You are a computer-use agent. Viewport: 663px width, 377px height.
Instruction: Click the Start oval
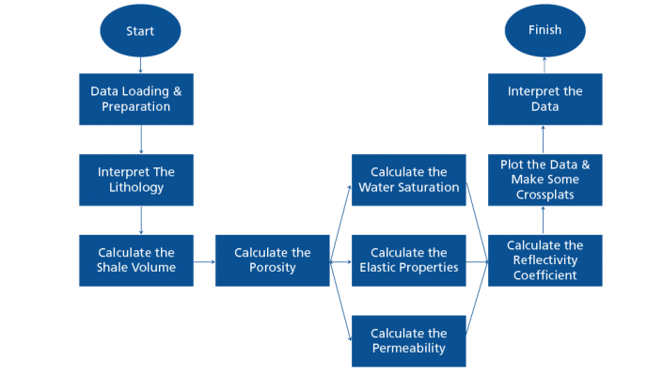[140, 31]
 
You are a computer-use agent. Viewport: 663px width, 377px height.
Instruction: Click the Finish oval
[545, 30]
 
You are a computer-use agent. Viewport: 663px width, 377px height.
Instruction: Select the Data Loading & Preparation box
[136, 100]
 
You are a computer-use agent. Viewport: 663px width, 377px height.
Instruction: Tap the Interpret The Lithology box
[136, 180]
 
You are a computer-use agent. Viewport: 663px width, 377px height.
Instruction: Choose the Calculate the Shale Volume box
[136, 260]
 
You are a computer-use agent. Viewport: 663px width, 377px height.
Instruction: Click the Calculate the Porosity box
[272, 260]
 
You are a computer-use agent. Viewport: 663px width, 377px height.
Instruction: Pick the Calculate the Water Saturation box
[408, 180]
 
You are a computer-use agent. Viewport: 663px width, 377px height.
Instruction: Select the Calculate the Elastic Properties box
[408, 260]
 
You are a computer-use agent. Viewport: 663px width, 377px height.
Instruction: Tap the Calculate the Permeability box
[408, 340]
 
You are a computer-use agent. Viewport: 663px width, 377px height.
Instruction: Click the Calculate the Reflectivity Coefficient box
[545, 260]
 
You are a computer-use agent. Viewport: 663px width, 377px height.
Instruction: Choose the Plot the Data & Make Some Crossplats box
[545, 180]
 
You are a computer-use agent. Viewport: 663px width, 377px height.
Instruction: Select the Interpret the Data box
[545, 100]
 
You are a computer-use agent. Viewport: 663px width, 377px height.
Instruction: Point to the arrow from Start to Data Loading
[140, 65]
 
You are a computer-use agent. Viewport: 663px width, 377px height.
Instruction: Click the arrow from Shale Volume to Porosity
[204, 260]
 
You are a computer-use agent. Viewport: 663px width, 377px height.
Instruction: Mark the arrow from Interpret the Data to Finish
[545, 65]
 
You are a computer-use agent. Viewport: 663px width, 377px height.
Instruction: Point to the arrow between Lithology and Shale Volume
[140, 220]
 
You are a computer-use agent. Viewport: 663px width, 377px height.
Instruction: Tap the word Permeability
[408, 349]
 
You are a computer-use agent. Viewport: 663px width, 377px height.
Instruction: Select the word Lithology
[136, 188]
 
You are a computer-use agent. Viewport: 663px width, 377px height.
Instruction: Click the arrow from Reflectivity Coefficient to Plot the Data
[545, 220]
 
